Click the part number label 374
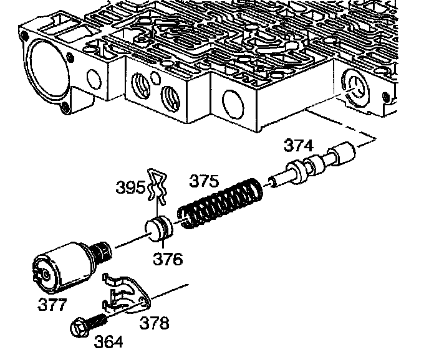298,145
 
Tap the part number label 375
204,181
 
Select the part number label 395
130,187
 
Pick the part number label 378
154,323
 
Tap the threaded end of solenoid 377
101,252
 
